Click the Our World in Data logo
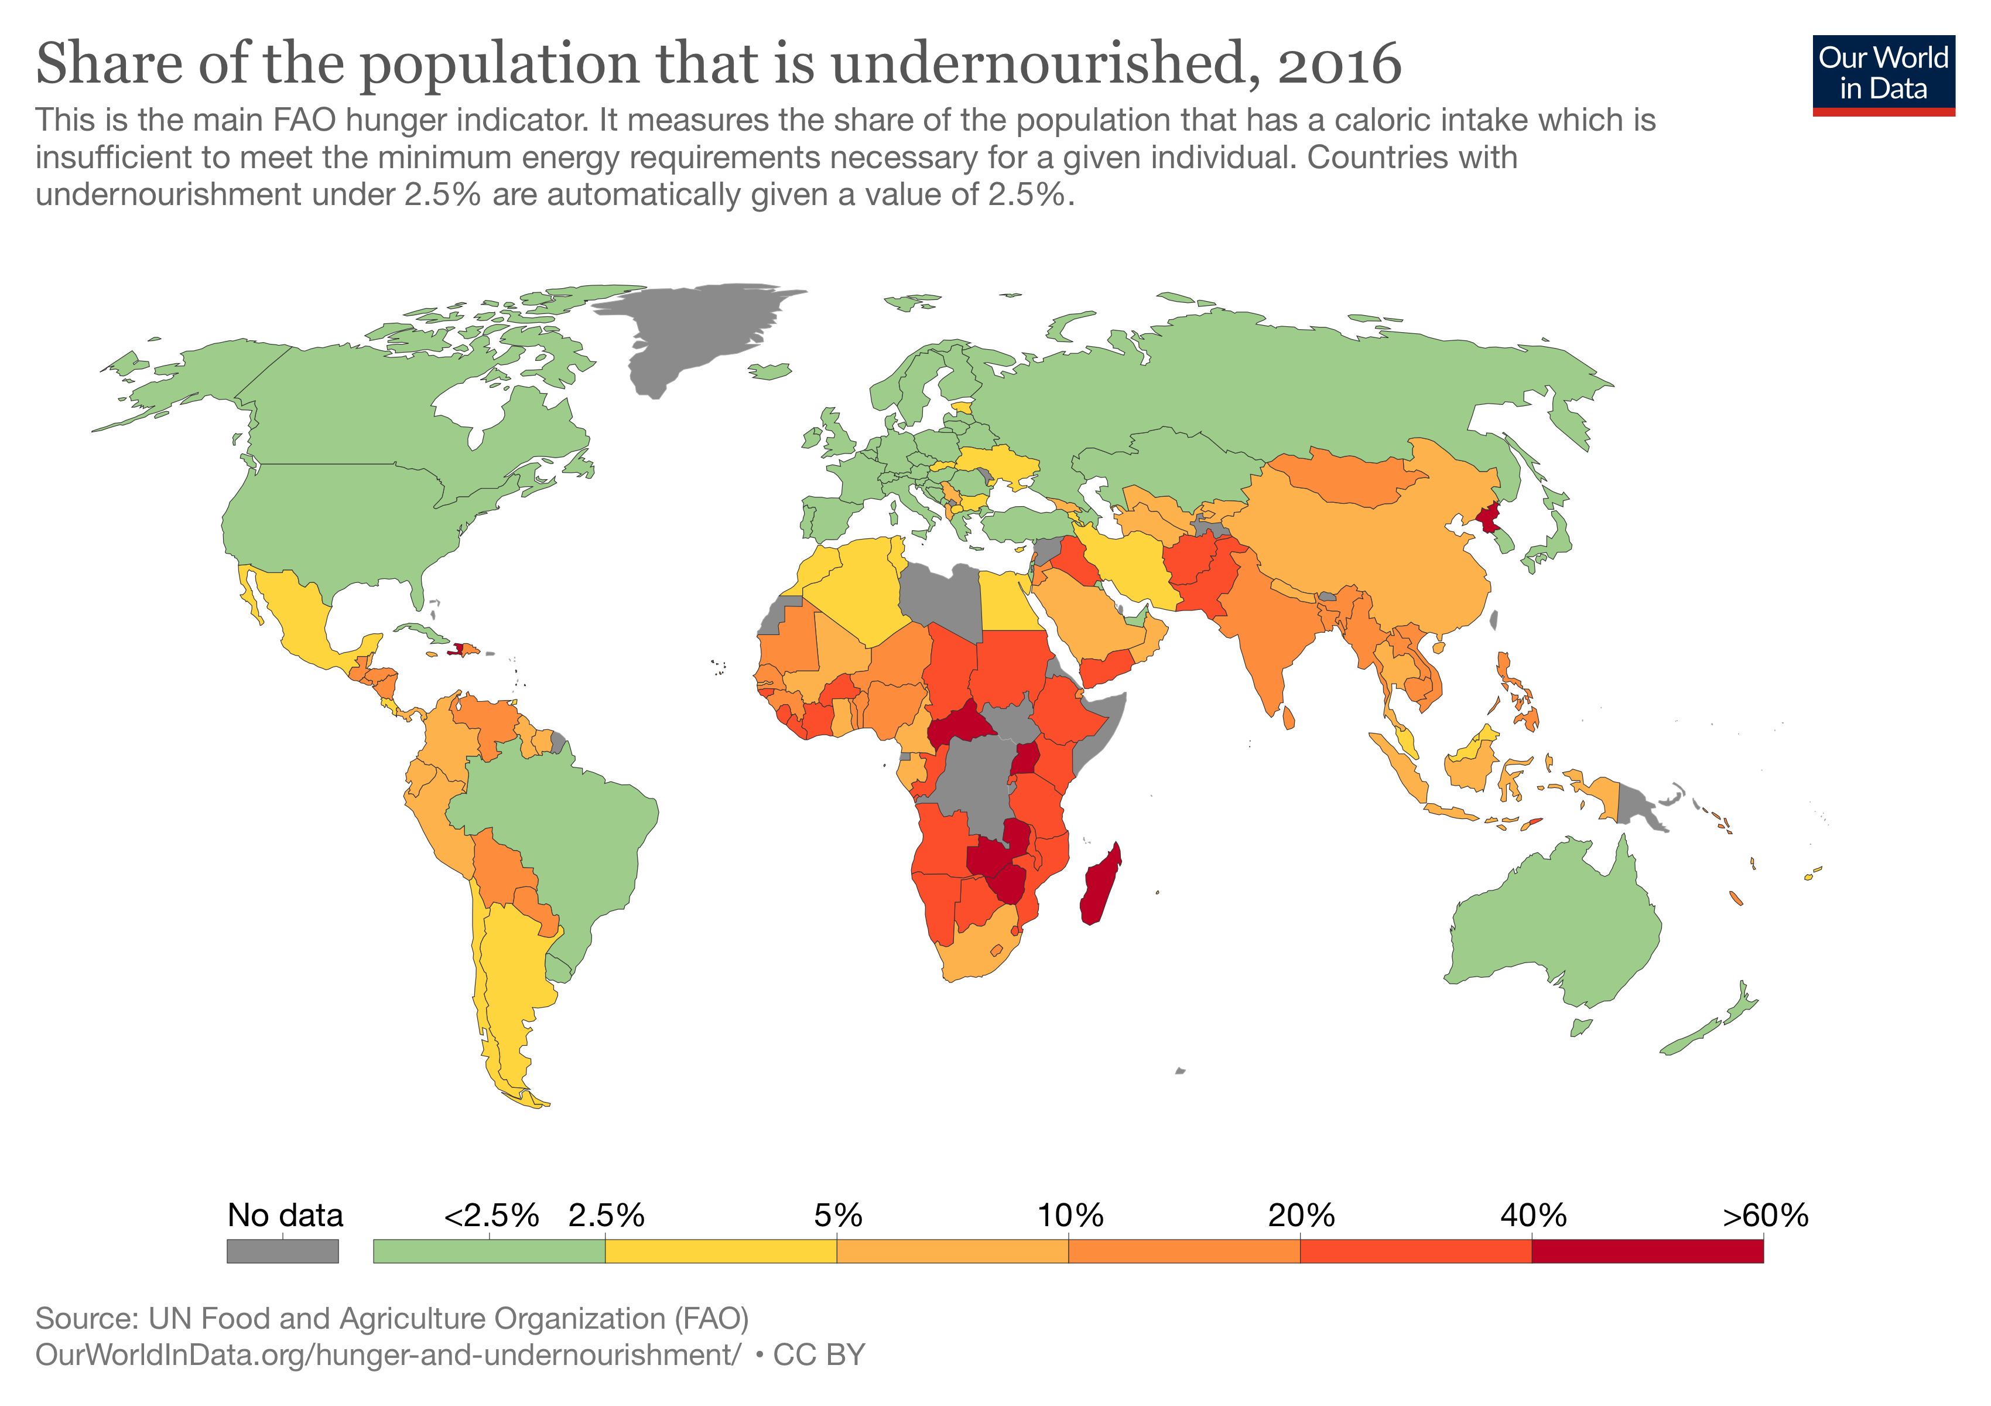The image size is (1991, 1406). click(1883, 74)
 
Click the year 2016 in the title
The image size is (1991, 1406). click(1339, 65)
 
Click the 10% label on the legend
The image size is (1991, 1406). click(1069, 1215)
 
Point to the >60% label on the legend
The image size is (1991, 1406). click(1765, 1215)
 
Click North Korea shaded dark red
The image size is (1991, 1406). click(1488, 518)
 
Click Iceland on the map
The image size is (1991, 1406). click(769, 371)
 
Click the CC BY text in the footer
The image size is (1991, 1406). click(819, 1355)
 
